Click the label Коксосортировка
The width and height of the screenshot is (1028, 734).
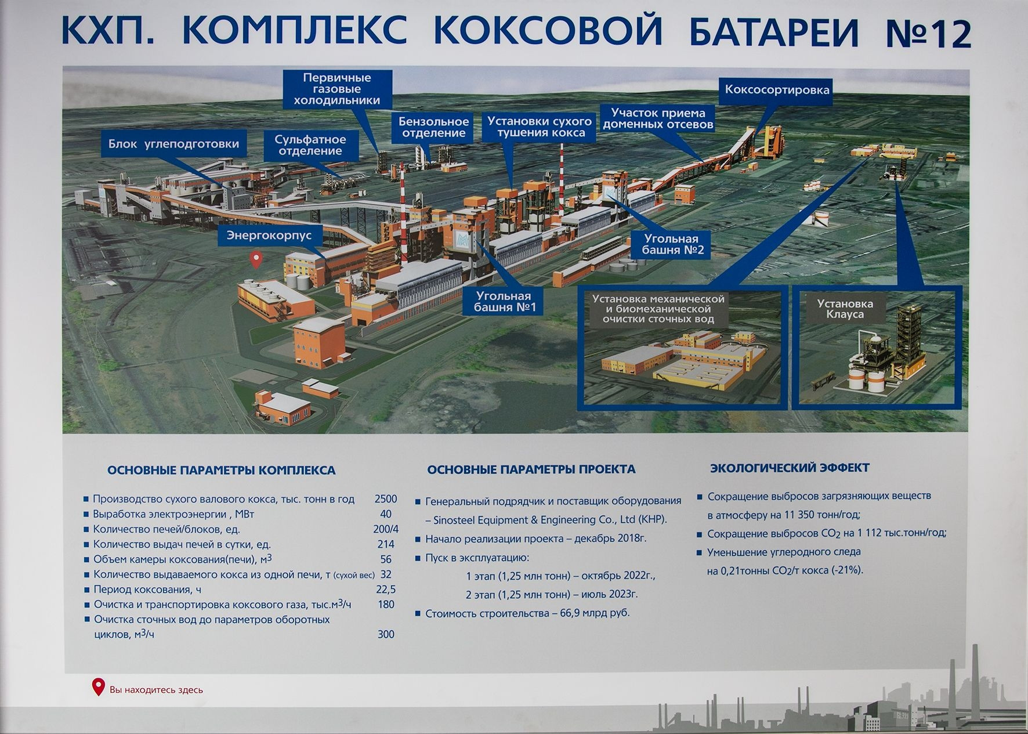pos(777,90)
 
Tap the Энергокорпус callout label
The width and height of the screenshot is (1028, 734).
pos(269,236)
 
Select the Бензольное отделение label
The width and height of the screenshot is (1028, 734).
pos(434,127)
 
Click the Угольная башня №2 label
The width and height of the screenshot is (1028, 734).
pos(672,244)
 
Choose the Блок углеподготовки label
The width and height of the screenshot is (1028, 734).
pos(173,144)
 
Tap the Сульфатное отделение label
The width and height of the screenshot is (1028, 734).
pos(310,145)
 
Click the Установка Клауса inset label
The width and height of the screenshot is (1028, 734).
pos(845,309)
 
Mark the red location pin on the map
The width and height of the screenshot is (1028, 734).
pos(255,259)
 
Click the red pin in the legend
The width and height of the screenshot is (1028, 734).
pos(99,687)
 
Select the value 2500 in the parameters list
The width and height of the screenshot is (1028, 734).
pos(386,499)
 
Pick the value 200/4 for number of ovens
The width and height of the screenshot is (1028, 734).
pos(386,529)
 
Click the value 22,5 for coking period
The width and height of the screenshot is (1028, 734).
pos(386,590)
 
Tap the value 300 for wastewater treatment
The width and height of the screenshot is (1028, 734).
pos(386,634)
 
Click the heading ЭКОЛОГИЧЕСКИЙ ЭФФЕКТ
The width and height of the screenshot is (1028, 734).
pos(790,468)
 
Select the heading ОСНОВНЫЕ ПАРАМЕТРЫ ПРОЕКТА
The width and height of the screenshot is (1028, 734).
pos(531,469)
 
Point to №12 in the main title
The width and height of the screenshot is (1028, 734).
pos(928,34)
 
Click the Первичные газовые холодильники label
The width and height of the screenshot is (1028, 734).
pos(337,89)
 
